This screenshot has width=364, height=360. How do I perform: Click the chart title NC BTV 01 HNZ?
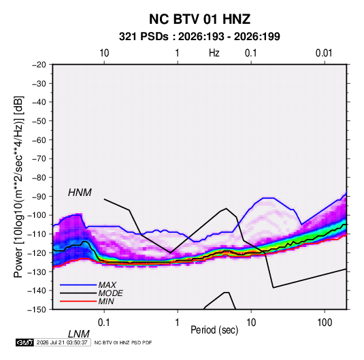coord(199,19)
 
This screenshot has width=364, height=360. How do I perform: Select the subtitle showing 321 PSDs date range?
coord(199,37)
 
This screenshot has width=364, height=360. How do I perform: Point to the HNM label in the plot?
coord(80,193)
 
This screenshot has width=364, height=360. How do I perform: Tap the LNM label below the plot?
coord(79,334)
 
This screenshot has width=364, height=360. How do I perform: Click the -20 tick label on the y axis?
coord(39,65)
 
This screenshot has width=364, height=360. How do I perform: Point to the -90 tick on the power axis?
coord(39,196)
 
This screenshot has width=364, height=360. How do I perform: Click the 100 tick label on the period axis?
coord(325,323)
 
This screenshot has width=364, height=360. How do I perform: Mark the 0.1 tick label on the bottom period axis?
coord(104,323)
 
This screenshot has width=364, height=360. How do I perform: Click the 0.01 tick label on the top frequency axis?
coord(324,53)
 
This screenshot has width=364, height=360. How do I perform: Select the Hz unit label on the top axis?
coord(214,53)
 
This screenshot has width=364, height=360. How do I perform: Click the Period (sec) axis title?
coord(214,330)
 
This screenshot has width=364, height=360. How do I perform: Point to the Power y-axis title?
coord(18,186)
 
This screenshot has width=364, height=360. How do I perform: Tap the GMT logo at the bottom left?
coord(24,342)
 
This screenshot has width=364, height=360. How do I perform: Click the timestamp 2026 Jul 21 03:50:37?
coord(62,342)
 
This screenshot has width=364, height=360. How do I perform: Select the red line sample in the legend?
coord(78,301)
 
